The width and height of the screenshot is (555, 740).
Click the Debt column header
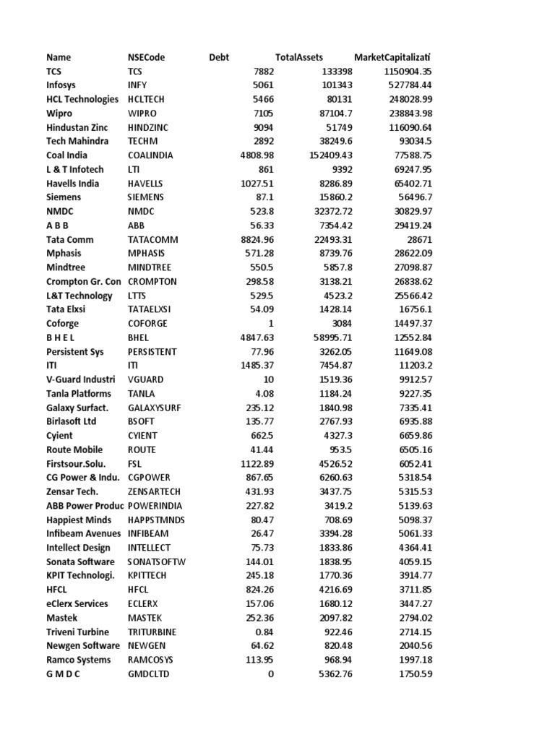click(x=218, y=57)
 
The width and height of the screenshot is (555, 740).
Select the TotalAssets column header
click(x=299, y=57)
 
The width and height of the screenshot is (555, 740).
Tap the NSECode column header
click(x=146, y=57)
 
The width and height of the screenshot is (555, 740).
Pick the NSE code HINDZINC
click(x=152, y=127)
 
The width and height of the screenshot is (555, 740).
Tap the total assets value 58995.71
click(x=335, y=337)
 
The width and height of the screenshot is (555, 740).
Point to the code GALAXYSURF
click(x=155, y=408)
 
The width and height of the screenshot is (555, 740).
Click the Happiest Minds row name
click(x=79, y=520)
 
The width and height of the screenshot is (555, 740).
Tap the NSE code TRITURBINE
click(x=152, y=632)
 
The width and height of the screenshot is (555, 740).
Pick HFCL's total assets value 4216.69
click(x=335, y=590)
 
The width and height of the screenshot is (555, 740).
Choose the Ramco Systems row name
click(x=79, y=660)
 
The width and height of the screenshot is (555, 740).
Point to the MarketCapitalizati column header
click(x=397, y=57)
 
